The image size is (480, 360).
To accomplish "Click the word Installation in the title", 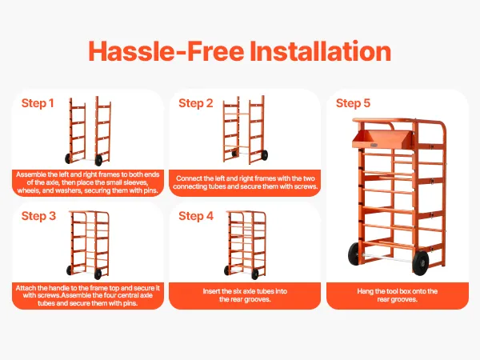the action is click(321, 51).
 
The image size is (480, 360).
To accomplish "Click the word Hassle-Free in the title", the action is click(166, 51).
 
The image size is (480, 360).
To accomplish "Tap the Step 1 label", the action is click(38, 103).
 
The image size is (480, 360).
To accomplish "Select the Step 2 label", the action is click(196, 103).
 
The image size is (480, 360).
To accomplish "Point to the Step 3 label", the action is click(38, 216).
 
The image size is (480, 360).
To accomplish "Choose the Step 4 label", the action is click(196, 216).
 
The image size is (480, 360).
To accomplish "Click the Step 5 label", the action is click(353, 103).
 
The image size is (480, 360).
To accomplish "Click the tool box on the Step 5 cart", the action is click(382, 139).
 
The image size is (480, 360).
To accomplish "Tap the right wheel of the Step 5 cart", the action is click(421, 262).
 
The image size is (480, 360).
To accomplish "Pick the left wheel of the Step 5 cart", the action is click(354, 254).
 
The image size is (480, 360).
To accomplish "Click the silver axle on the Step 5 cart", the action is click(387, 258).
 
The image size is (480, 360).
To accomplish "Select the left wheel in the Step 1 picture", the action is click(68, 158).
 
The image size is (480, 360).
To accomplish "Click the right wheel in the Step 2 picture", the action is click(264, 155).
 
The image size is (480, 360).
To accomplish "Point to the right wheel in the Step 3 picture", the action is click(98, 274).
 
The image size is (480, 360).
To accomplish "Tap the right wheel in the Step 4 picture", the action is click(255, 274).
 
